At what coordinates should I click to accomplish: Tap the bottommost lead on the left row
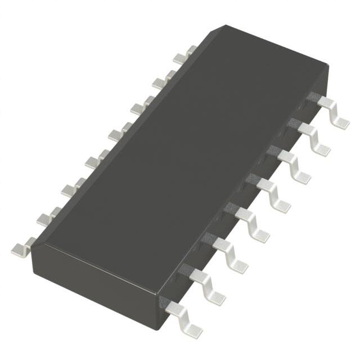(x=22, y=245)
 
